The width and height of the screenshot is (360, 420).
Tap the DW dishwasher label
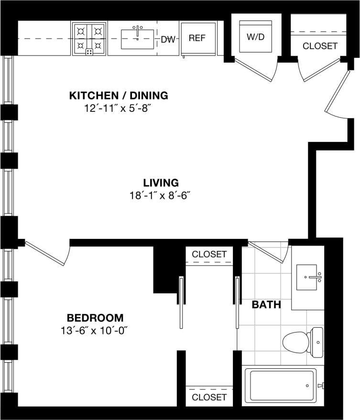[167, 39]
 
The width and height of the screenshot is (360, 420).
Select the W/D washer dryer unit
[255, 36]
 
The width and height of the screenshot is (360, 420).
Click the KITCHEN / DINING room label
[119, 96]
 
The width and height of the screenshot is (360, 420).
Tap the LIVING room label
[161, 183]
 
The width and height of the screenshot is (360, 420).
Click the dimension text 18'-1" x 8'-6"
[161, 195]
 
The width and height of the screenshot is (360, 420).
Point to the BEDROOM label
[95, 318]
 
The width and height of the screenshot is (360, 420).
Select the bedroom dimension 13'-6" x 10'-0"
[95, 330]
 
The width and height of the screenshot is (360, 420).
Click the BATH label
[266, 305]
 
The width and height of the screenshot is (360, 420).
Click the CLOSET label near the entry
[320, 46]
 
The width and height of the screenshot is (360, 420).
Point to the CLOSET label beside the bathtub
[209, 397]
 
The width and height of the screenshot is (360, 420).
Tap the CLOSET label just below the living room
[209, 254]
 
